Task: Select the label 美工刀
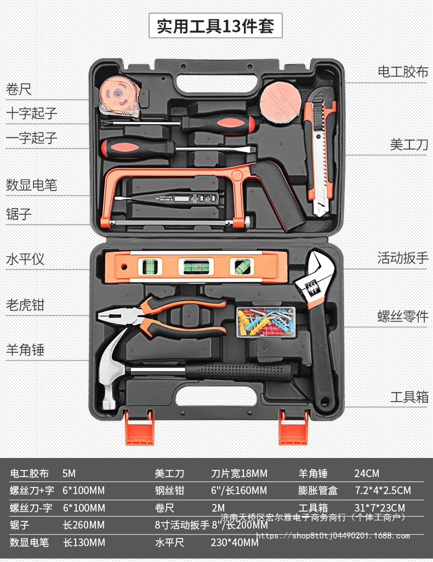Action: coord(409,145)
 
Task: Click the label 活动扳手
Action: coord(402,258)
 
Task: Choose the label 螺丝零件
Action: coord(402,316)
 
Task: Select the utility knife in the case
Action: coord(320,153)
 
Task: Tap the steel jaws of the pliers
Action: coord(118,316)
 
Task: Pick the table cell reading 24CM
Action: coord(367,473)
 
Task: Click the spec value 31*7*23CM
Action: coord(379,508)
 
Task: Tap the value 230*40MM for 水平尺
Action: coord(235,543)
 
